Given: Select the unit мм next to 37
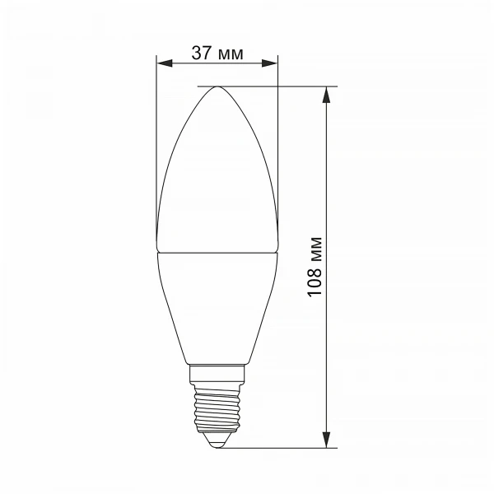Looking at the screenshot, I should [x=231, y=54].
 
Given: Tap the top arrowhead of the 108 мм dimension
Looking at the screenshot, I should [x=328, y=93].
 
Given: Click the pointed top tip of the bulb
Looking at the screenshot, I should [x=217, y=87].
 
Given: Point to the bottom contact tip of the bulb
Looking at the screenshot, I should [x=217, y=444].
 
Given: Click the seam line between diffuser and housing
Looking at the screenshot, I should [x=217, y=252].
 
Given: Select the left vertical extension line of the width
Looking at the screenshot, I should [x=156, y=148].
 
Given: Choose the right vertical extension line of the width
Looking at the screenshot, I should [x=278, y=148].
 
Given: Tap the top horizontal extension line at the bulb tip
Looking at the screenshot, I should [x=272, y=86].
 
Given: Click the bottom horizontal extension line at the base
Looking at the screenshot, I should [x=280, y=449].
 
